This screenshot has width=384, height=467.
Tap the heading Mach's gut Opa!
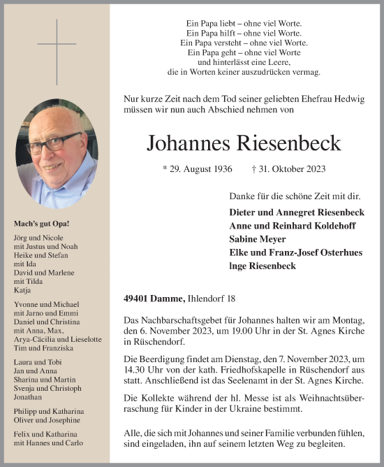41,224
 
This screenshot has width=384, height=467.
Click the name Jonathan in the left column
28,396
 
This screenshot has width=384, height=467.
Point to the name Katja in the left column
22,289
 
